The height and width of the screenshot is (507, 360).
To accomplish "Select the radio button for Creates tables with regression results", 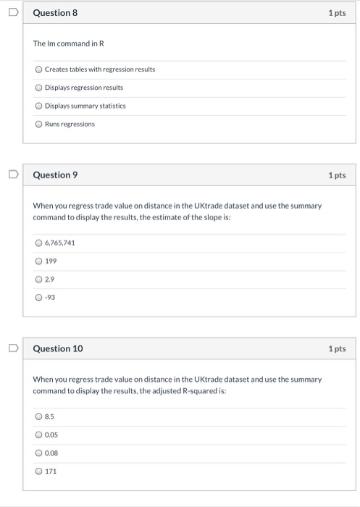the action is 38,70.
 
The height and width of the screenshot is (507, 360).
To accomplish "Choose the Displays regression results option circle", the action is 38,88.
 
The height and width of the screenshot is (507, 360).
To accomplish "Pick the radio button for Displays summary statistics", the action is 38,106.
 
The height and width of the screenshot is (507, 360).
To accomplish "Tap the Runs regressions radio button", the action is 38,124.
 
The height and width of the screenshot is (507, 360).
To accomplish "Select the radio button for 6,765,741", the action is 38,243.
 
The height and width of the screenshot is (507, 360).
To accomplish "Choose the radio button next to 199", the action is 38,261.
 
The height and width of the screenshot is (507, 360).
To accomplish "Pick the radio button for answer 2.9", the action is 38,279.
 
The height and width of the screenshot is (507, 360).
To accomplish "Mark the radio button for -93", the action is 38,297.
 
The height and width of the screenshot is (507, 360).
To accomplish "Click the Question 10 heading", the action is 58,348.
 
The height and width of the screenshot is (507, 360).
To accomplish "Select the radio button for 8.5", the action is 38,416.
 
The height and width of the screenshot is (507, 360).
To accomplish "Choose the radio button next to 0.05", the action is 38,435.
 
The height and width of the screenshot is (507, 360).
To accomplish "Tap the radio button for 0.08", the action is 38,453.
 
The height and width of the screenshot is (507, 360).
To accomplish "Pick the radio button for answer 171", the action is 38,471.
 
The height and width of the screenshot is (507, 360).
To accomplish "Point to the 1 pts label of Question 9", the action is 336,175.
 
